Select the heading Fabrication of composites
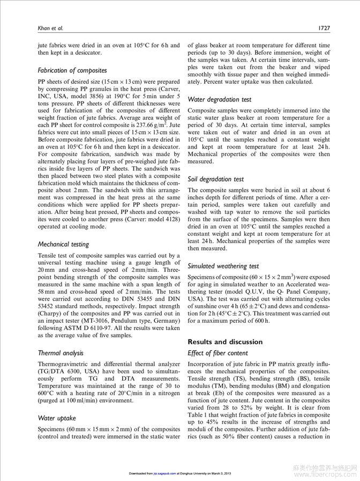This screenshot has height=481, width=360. [x=72, y=70]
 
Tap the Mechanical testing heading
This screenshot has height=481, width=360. [x=63, y=244]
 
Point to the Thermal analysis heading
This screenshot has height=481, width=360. [x=61, y=353]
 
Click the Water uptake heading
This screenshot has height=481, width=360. [x=57, y=417]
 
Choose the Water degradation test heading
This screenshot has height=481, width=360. [x=219, y=99]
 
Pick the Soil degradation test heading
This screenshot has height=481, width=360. [x=215, y=179]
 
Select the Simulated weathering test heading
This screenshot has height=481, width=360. [x=223, y=265]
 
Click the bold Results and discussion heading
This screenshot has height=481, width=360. [x=225, y=342]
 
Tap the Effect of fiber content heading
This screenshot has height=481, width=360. [x=217, y=353]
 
